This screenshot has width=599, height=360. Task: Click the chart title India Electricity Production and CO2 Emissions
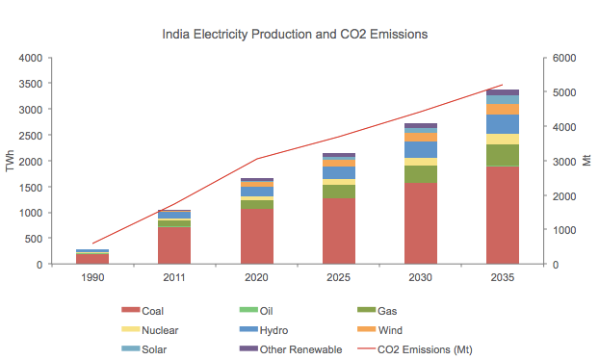295,34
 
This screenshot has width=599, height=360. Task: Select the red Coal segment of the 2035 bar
503,216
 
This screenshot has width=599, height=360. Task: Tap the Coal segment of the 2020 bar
256,237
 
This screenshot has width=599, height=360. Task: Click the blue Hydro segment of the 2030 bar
421,149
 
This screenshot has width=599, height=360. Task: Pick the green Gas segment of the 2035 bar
503,155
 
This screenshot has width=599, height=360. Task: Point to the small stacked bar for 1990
92,257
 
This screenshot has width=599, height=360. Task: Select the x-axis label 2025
338,278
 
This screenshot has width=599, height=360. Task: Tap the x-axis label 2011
174,278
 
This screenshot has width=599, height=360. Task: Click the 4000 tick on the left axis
29,58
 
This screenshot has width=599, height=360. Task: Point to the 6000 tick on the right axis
564,58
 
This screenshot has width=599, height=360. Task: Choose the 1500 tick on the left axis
29,187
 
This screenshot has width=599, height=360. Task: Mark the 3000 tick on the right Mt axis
564,161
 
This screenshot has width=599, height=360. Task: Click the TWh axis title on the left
11,161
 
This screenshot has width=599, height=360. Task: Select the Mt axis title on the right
586,161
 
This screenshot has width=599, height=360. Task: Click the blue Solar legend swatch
130,349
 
